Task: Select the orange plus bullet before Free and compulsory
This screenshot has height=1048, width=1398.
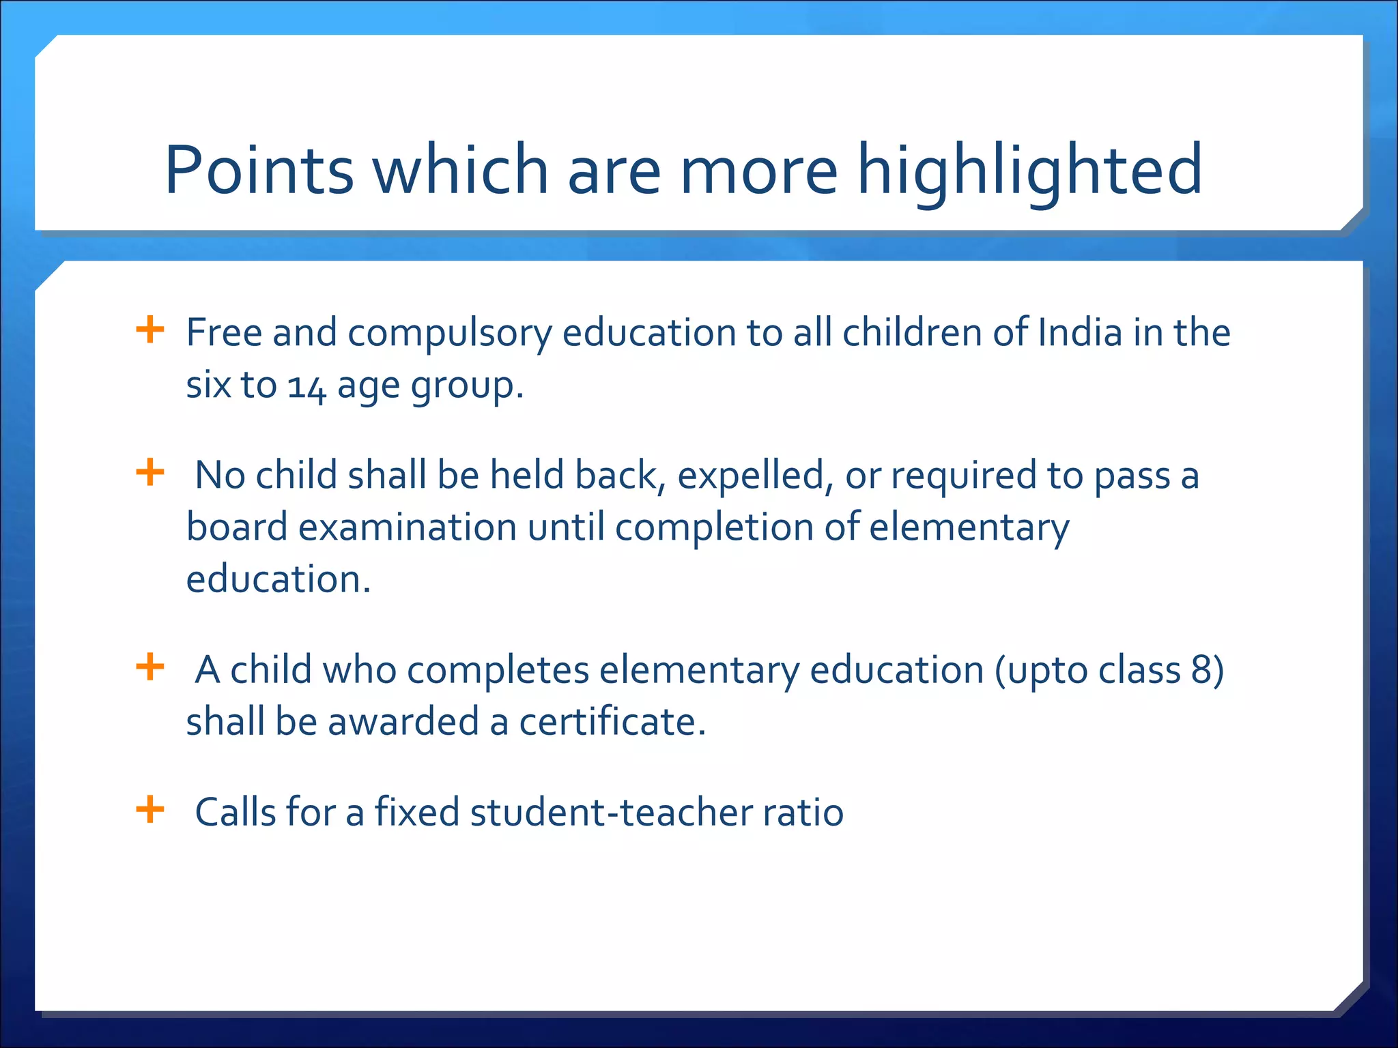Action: (x=150, y=330)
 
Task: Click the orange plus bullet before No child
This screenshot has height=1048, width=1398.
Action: (x=150, y=473)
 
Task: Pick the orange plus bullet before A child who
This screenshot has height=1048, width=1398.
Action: (x=150, y=667)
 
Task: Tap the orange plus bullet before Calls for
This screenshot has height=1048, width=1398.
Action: (x=150, y=810)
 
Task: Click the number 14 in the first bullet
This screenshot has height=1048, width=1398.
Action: (x=306, y=386)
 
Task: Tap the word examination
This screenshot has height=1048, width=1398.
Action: (x=407, y=528)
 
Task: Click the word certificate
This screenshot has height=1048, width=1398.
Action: (x=612, y=723)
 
